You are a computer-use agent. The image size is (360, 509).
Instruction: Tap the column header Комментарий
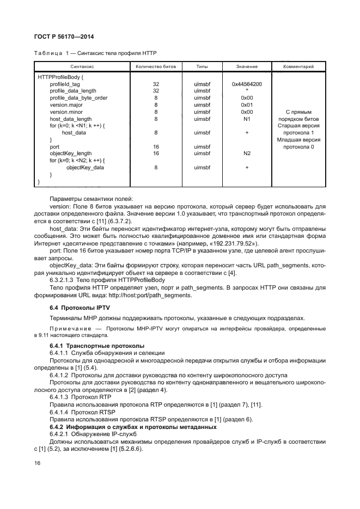[298, 66]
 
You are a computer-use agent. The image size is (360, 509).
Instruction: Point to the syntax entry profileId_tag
[65, 84]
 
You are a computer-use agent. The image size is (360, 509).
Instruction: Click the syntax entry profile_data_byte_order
[78, 98]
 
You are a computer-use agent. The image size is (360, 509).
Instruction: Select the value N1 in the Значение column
[247, 119]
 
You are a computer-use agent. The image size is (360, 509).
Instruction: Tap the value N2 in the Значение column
[247, 154]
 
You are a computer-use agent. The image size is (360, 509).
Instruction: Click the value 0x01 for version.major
[247, 105]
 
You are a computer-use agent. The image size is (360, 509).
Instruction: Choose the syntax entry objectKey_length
[71, 154]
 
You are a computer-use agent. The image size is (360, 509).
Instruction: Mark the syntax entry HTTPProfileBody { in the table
[60, 77]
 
